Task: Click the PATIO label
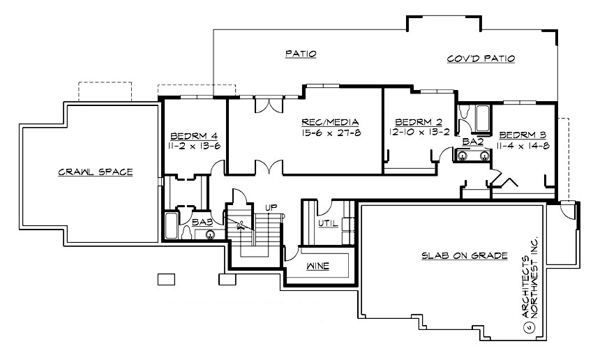point(301,52)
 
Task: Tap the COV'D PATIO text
point(481,59)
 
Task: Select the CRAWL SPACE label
point(96,171)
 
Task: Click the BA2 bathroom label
point(472,142)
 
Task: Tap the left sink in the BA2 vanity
point(461,156)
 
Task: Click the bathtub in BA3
point(172,226)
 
